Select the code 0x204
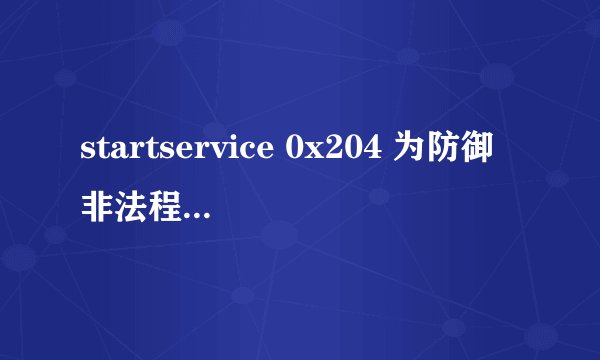tap(328, 152)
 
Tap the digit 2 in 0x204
tap(329, 152)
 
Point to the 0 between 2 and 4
tap(347, 152)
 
